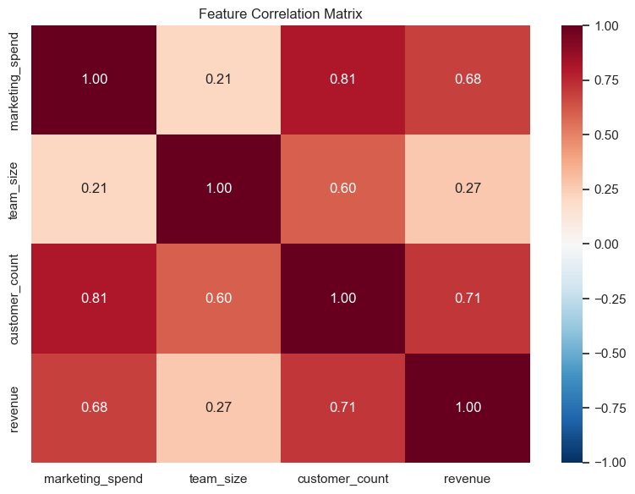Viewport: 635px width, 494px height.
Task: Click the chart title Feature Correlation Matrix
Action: pyautogui.click(x=280, y=14)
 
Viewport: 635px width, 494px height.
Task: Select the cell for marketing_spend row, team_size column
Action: pyautogui.click(x=218, y=80)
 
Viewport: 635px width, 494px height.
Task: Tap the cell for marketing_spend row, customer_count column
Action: pyautogui.click(x=342, y=80)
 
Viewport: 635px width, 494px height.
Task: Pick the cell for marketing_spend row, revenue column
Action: pyautogui.click(x=467, y=80)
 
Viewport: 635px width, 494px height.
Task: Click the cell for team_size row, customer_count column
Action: pyautogui.click(x=342, y=189)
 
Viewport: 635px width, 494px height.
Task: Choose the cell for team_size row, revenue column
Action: pyautogui.click(x=467, y=189)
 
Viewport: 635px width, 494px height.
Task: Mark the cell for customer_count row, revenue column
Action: pyautogui.click(x=467, y=298)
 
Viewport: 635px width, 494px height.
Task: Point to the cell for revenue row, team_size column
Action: pyautogui.click(x=218, y=407)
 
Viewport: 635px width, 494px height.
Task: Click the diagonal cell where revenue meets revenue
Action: pyautogui.click(x=467, y=407)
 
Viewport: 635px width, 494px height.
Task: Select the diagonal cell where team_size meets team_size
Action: pyautogui.click(x=218, y=189)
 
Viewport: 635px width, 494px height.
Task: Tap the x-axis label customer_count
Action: pyautogui.click(x=342, y=479)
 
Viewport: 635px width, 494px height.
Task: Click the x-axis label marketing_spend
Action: pyautogui.click(x=94, y=479)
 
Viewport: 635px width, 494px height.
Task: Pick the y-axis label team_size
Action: pyautogui.click(x=14, y=189)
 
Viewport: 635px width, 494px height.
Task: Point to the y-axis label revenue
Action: pyautogui.click(x=14, y=407)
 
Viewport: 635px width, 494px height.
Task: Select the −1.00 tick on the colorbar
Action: pyautogui.click(x=606, y=462)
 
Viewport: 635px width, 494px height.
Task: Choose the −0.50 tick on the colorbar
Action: pyautogui.click(x=606, y=353)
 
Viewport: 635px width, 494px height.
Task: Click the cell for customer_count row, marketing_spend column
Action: pyautogui.click(x=94, y=298)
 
